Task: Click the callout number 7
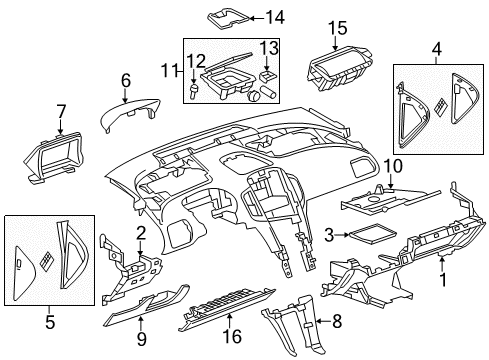(61, 110)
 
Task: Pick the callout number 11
(177, 70)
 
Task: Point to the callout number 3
(329, 234)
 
